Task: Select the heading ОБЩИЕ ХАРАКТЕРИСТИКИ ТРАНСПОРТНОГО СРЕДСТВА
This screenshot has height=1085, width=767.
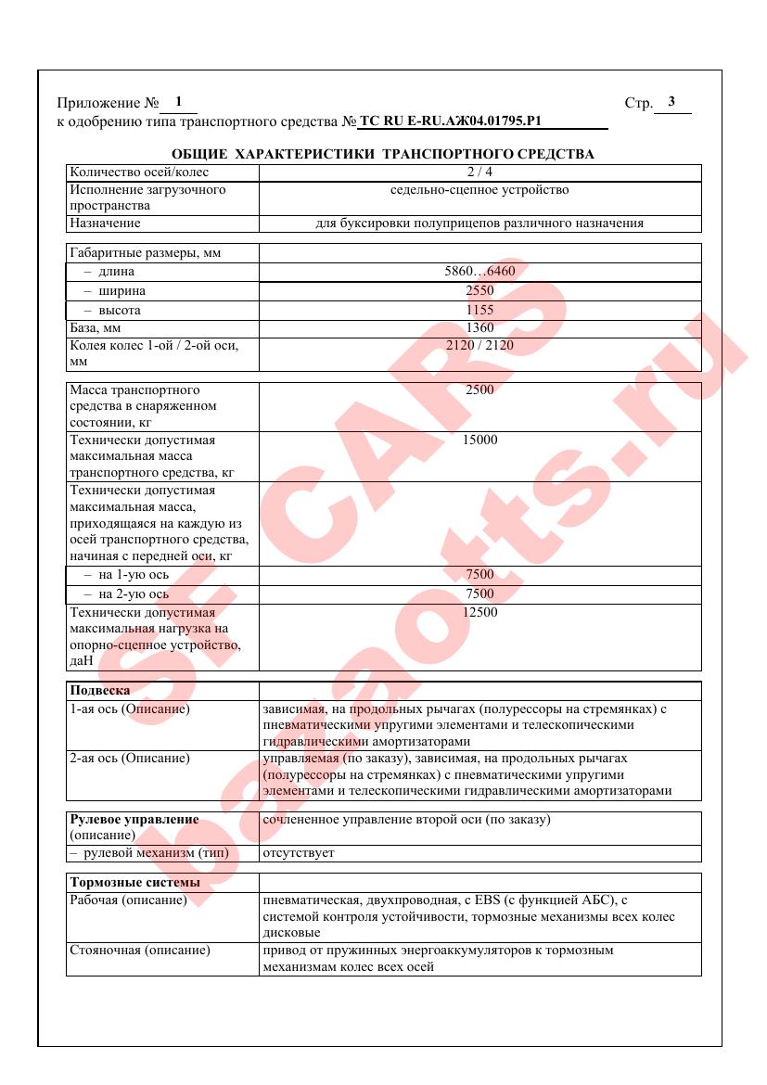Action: point(383,154)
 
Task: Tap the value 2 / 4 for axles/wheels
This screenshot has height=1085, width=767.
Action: point(479,172)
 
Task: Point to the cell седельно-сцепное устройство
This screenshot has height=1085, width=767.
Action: point(479,190)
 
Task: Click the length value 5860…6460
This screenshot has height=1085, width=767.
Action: point(479,272)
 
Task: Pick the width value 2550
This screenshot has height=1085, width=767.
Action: point(479,291)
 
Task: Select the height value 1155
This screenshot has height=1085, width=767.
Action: point(479,310)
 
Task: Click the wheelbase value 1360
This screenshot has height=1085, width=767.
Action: point(479,327)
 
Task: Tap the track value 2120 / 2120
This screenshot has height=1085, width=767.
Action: point(479,345)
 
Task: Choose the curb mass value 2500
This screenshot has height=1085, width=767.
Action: point(479,390)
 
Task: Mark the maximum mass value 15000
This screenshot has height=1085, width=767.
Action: point(479,440)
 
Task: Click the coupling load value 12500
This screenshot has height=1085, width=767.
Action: point(479,612)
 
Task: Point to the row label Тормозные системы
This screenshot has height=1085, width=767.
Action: point(124,882)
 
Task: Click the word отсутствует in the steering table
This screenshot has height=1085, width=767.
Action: point(299,852)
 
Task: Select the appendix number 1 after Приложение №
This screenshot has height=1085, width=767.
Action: point(178,101)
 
